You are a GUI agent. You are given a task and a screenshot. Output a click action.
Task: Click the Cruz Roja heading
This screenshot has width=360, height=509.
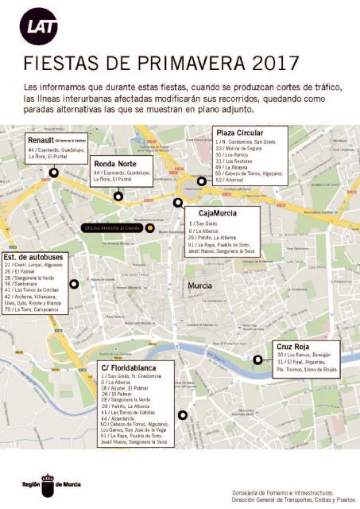292,347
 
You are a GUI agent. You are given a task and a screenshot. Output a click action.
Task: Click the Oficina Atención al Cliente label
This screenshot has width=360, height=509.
111,227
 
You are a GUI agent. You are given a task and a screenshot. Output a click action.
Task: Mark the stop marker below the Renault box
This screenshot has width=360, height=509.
53,173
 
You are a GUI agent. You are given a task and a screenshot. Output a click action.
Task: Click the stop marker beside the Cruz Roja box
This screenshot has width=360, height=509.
257,359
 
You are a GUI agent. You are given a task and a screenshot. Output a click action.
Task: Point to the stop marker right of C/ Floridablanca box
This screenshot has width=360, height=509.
183,414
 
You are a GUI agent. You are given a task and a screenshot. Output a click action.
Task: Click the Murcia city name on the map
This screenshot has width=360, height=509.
200,284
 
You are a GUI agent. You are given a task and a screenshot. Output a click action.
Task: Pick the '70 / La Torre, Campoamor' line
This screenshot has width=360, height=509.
33,310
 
